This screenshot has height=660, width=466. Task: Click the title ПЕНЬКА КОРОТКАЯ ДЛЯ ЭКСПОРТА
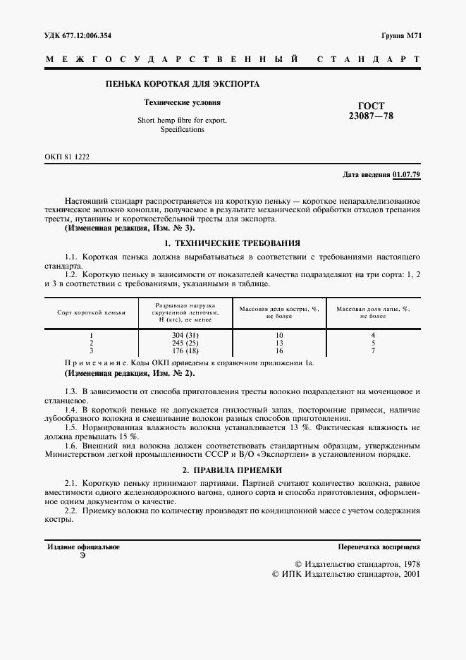pos(182,85)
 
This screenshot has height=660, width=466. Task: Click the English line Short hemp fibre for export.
pos(182,120)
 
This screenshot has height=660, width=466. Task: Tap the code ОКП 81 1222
pos(68,156)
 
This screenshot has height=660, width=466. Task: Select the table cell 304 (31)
pos(185,335)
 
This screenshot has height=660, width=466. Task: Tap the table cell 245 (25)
pos(185,343)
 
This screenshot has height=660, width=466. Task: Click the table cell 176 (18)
pos(185,350)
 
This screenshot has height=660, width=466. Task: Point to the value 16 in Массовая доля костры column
pos(279,350)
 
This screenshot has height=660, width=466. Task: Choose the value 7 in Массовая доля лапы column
pos(373,350)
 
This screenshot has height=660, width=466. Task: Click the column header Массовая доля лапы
pos(373,312)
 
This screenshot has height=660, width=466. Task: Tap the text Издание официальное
pos(83,546)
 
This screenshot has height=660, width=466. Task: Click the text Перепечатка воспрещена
pos(379,546)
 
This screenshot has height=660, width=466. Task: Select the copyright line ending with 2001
pos(345,575)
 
